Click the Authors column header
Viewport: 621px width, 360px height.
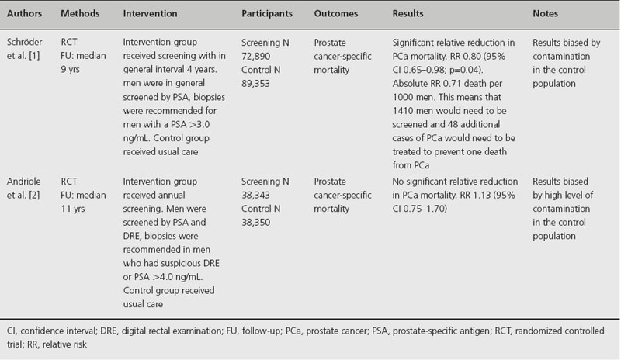click(24, 14)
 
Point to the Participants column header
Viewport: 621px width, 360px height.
click(267, 14)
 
